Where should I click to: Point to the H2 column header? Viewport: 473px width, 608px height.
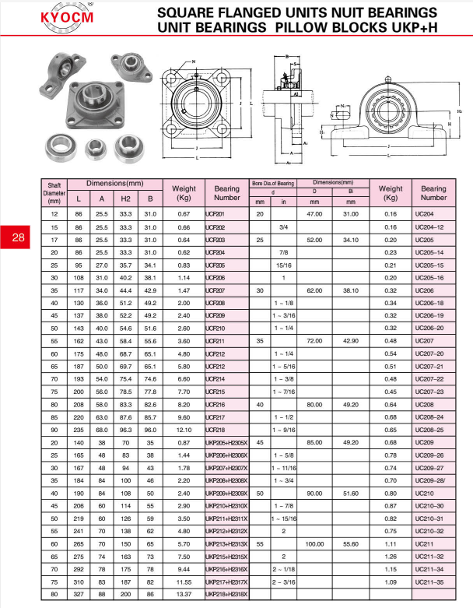pyautogui.click(x=125, y=199)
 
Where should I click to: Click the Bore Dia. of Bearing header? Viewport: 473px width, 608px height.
pyautogui.click(x=272, y=183)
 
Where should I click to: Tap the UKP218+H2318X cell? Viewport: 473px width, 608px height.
pyautogui.click(x=226, y=594)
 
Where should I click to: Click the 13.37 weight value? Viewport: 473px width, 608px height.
pyautogui.click(x=184, y=594)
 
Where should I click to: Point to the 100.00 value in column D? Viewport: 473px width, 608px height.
pyautogui.click(x=316, y=543)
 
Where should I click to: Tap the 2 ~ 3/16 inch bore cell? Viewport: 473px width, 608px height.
pyautogui.click(x=283, y=581)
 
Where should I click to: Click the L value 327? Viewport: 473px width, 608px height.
pyautogui.click(x=78, y=594)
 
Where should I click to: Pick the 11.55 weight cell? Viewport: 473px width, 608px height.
pyautogui.click(x=184, y=581)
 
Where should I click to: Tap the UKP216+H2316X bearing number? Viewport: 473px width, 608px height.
pyautogui.click(x=226, y=568)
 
